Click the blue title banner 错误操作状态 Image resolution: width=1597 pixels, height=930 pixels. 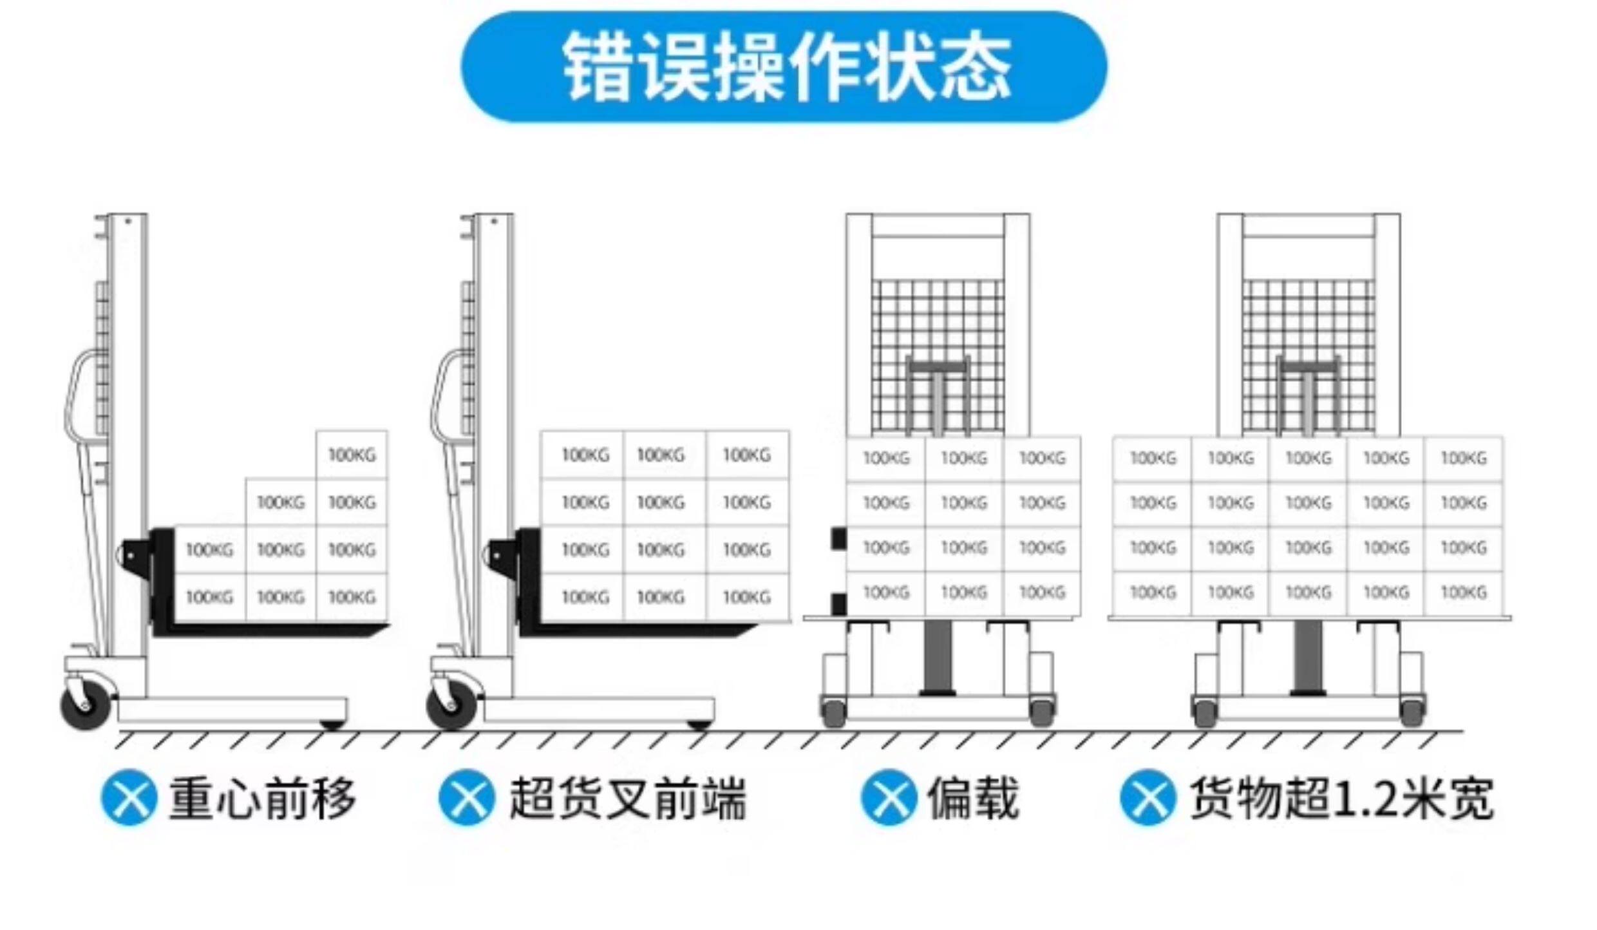pos(783,67)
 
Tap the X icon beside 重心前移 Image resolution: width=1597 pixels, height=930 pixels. pos(129,797)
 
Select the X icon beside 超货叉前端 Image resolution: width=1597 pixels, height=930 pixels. pos(467,797)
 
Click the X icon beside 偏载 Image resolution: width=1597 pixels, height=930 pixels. pos(889,797)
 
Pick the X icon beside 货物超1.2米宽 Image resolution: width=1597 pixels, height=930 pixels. pos(1148,797)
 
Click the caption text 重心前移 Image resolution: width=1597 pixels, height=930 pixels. pos(262,799)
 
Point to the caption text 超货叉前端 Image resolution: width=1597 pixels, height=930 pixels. pos(627,799)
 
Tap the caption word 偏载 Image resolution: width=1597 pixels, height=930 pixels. pos(972,799)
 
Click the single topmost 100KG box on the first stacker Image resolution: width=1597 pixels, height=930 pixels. pos(352,455)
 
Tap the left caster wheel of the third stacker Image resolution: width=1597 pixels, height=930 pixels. pos(833,711)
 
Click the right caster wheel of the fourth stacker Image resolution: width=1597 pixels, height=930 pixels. pos(1412,711)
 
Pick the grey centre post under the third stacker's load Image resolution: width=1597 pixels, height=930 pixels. pos(938,657)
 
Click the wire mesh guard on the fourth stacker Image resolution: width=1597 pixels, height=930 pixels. pos(1307,322)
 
